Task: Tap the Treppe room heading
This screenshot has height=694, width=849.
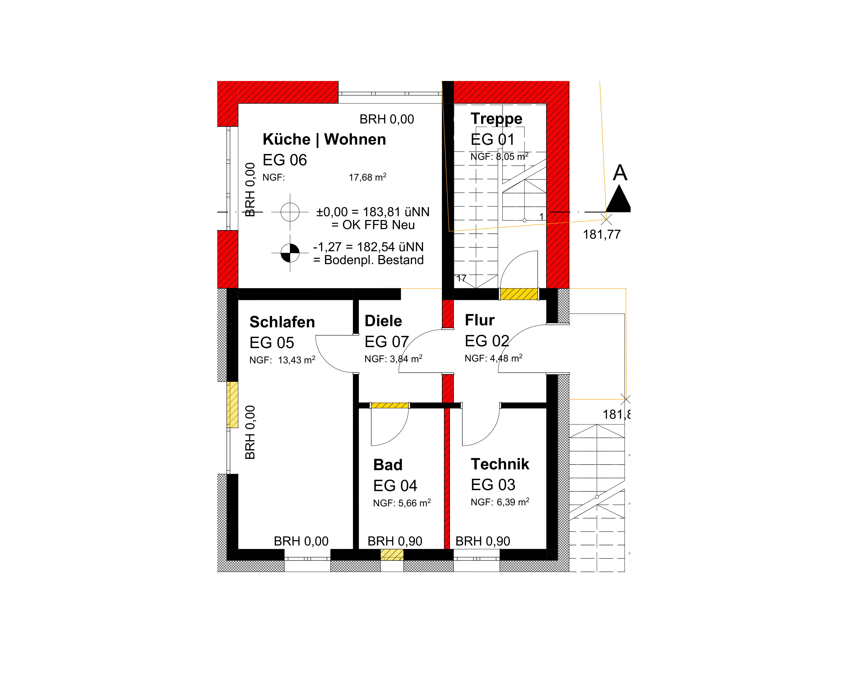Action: pyautogui.click(x=496, y=119)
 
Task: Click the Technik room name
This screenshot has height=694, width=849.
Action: pyautogui.click(x=500, y=464)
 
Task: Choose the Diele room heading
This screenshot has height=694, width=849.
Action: pyautogui.click(x=383, y=321)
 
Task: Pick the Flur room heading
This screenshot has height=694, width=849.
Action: pyautogui.click(x=479, y=320)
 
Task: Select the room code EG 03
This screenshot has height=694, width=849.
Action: pyautogui.click(x=493, y=485)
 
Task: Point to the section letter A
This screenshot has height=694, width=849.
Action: pyautogui.click(x=620, y=173)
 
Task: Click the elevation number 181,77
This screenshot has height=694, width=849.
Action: pyautogui.click(x=601, y=235)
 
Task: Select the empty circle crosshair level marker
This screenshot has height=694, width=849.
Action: pyautogui.click(x=290, y=212)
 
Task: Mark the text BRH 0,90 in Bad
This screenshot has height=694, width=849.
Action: pyautogui.click(x=395, y=541)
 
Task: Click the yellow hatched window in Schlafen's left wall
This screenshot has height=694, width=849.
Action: pyautogui.click(x=232, y=405)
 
